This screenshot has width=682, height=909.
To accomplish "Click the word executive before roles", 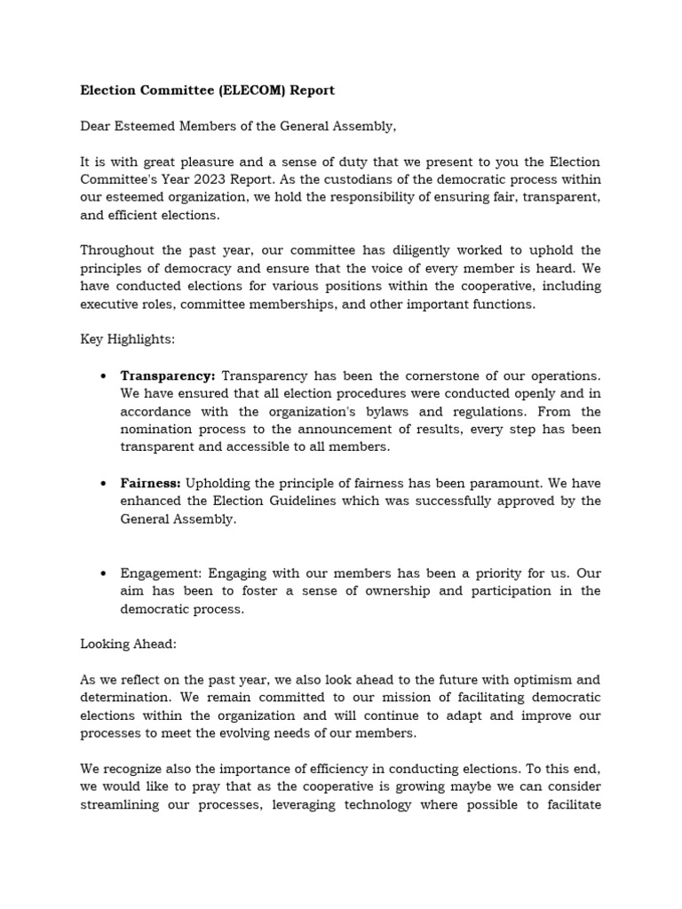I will [x=112, y=304].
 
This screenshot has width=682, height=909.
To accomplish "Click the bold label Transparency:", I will [x=168, y=375].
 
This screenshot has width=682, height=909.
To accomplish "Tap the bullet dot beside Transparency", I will [x=104, y=376].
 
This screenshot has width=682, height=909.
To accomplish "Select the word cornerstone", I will [x=439, y=375].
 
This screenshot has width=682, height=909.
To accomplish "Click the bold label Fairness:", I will [x=151, y=483].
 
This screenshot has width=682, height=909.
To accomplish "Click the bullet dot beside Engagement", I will [x=104, y=573].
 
